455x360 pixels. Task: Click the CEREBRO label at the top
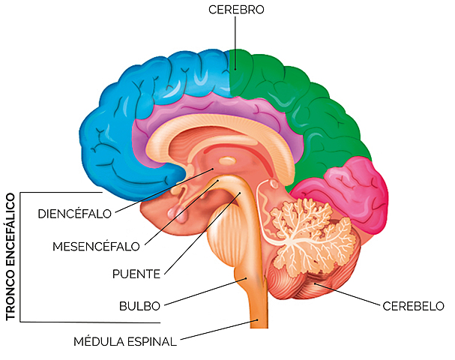pos(236,10)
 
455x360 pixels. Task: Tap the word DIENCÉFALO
pos(74,213)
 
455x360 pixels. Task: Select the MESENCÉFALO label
pos(96,245)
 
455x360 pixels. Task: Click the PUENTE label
pos(136,274)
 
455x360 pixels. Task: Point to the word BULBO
pos(139,306)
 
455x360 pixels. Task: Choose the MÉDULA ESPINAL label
pos(124,341)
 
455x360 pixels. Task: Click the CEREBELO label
pos(413,306)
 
